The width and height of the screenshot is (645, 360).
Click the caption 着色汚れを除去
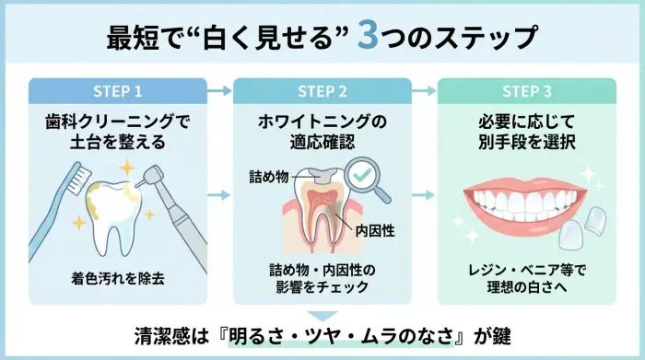pyautogui.click(x=118, y=276)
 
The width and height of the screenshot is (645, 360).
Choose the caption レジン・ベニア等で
pyautogui.click(x=526, y=269)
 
